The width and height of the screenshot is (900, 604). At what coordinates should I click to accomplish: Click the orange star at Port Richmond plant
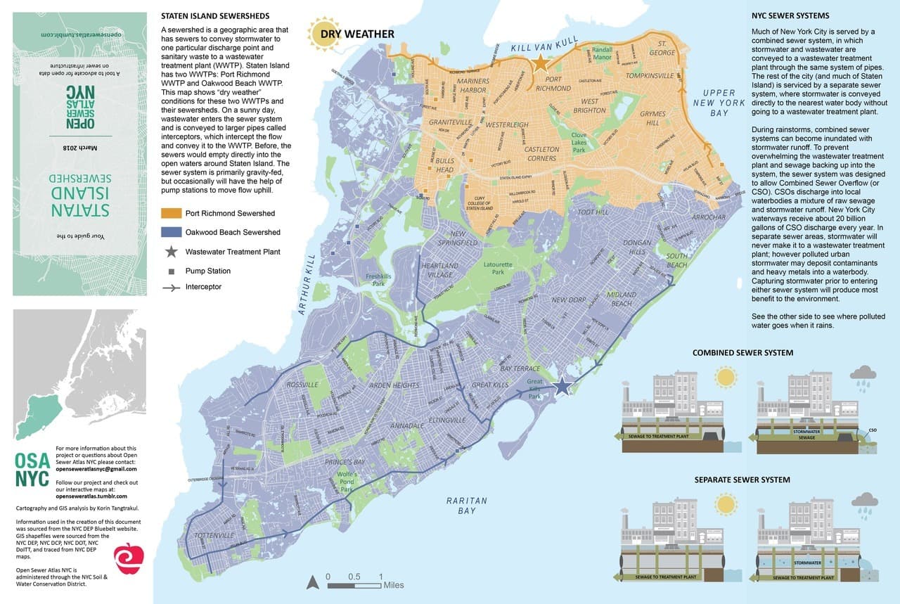click(x=540, y=64)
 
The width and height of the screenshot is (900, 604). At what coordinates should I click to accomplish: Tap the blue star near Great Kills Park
click(x=562, y=385)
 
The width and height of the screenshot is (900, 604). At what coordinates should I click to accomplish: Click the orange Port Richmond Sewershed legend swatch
click(x=172, y=213)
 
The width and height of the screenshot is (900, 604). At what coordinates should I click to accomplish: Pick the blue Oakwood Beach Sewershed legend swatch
click(x=172, y=232)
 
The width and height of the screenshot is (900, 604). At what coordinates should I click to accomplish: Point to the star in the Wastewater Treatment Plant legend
click(x=172, y=251)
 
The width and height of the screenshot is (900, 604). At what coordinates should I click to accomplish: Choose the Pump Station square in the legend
click(x=172, y=271)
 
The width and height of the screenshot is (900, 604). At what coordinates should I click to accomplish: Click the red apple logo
click(x=129, y=558)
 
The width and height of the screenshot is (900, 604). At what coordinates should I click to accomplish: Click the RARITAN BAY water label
click(x=466, y=506)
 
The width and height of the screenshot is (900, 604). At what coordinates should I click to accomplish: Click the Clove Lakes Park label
click(x=579, y=142)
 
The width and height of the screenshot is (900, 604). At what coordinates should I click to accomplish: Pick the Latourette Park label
click(x=497, y=268)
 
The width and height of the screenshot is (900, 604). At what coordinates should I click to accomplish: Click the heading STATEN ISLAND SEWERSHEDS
click(x=214, y=16)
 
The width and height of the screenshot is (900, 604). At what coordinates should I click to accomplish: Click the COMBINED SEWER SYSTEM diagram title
click(x=742, y=352)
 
